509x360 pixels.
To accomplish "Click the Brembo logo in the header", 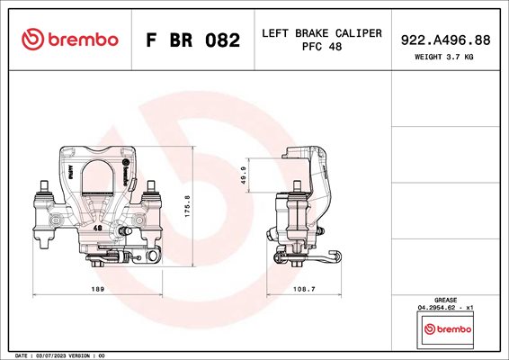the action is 70,40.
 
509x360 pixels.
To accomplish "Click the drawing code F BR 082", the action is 192,40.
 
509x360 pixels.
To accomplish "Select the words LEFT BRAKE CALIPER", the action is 322,33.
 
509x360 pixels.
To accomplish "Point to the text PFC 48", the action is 322,47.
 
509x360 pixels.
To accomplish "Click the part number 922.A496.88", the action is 445,40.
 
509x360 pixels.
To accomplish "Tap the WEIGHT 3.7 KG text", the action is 443,57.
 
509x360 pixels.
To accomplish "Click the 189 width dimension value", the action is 98,289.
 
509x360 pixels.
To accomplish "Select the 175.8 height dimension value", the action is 188,206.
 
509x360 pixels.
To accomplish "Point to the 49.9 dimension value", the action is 244,175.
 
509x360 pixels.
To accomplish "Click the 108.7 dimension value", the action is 304,289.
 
